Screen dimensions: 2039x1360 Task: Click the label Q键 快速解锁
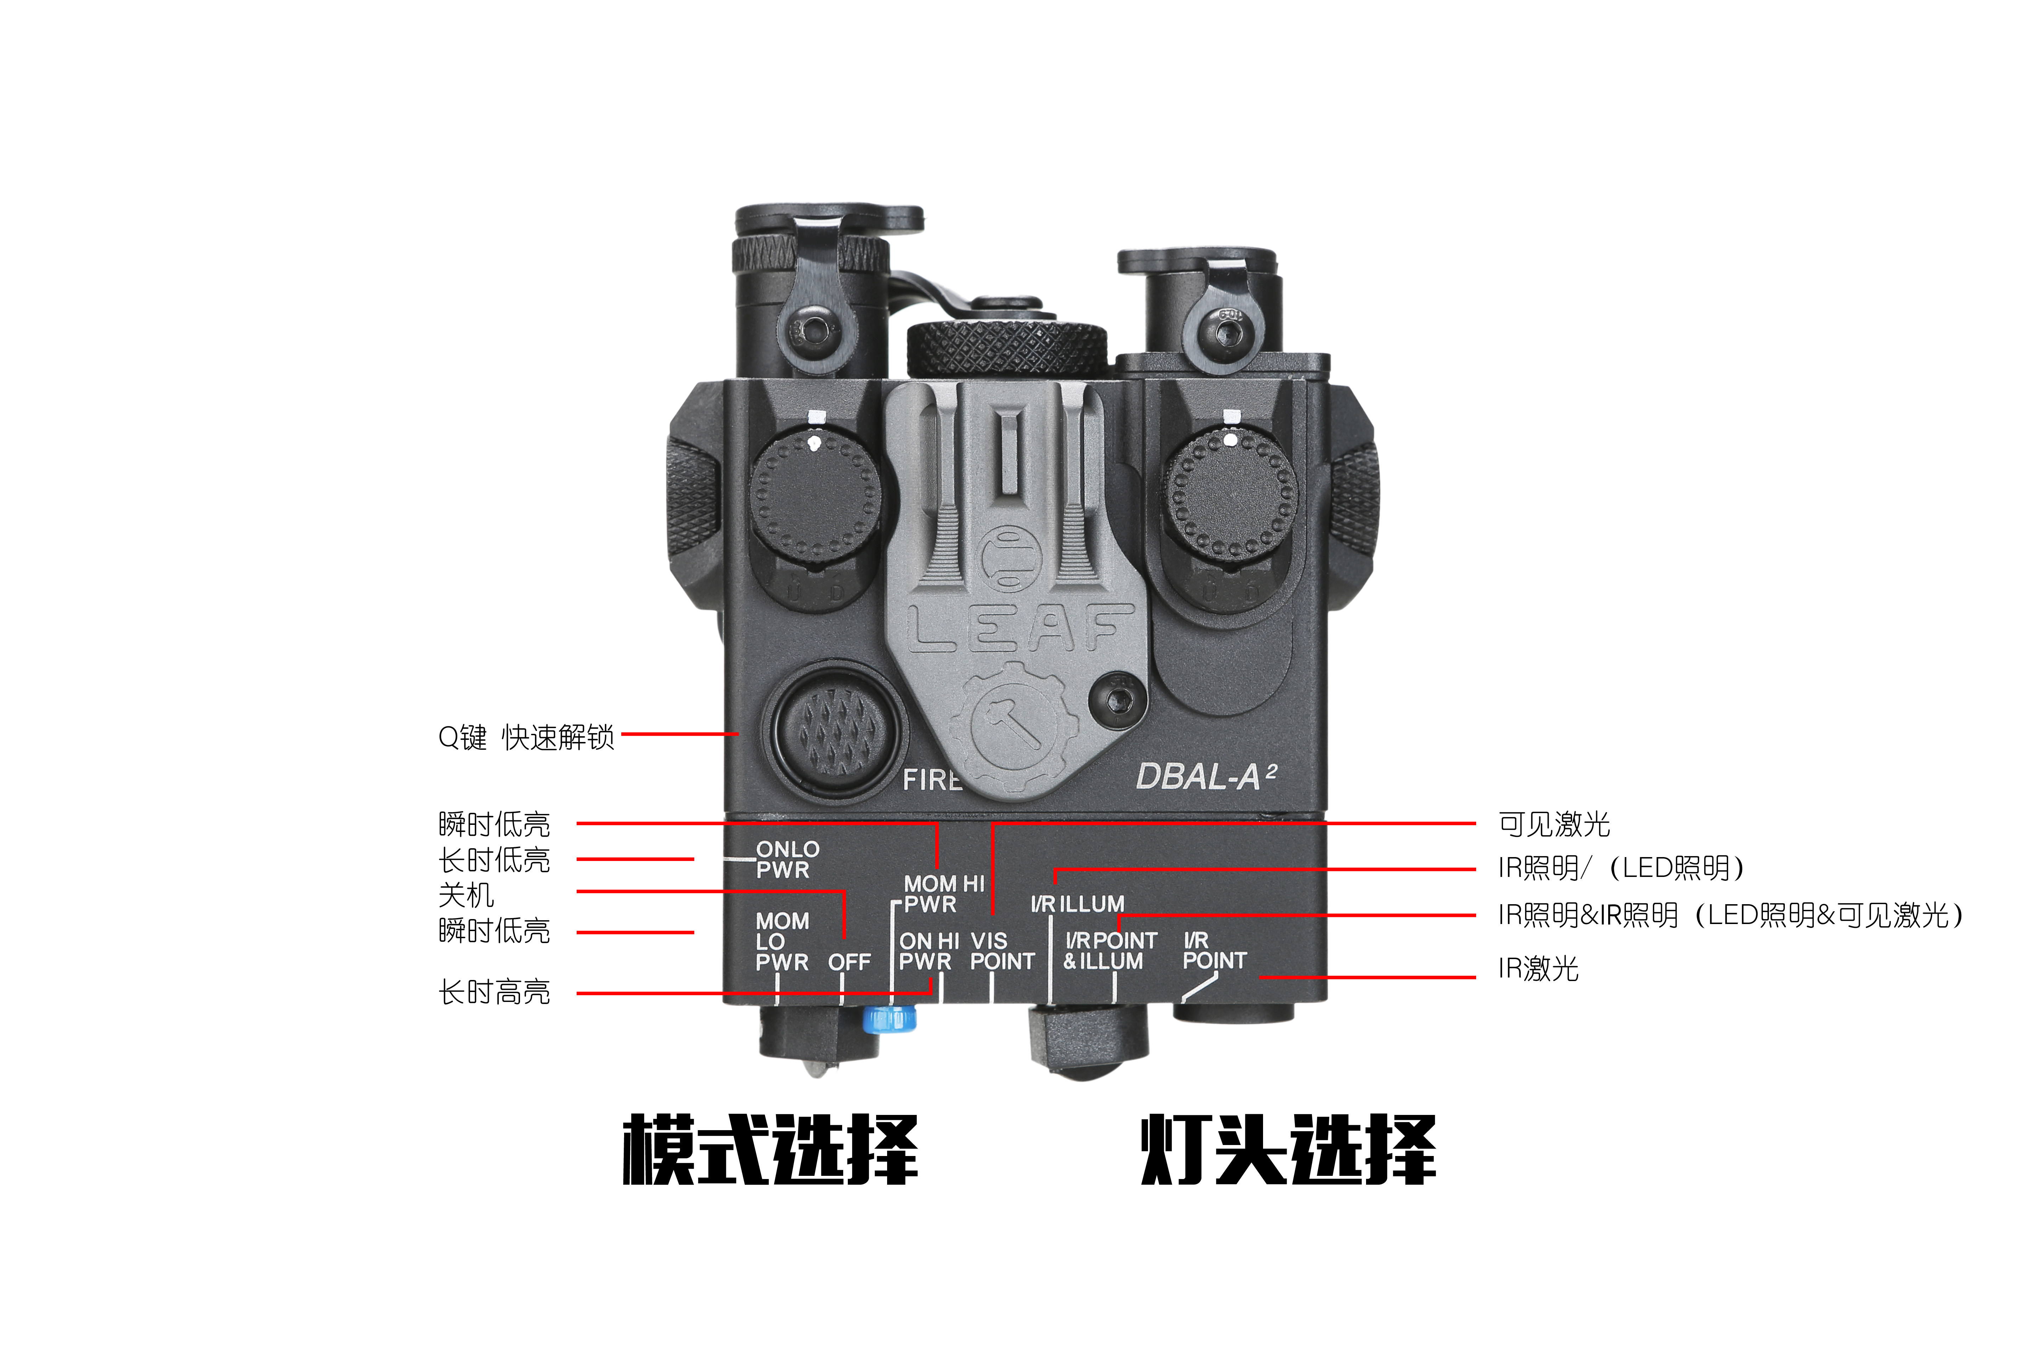point(526,737)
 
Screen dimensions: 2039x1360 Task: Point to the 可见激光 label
point(1554,824)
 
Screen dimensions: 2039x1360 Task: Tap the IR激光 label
point(1538,968)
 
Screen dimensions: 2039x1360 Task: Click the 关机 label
point(467,894)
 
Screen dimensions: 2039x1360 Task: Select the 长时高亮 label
point(494,991)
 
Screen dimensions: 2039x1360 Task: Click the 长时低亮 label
point(494,860)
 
